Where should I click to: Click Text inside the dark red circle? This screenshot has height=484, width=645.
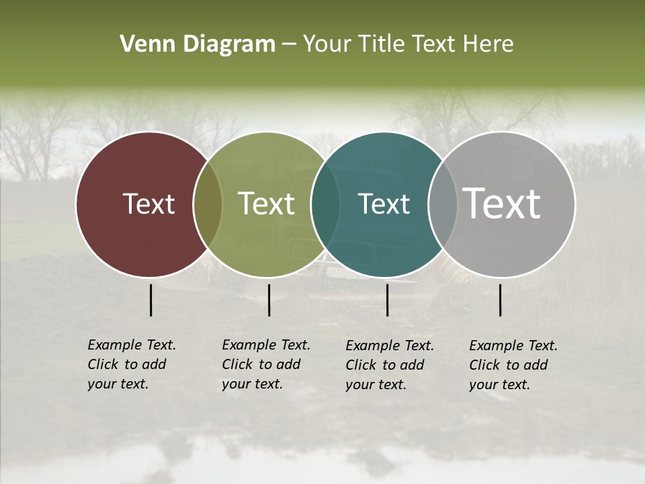[x=148, y=204]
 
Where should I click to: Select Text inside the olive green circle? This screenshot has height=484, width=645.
[x=267, y=204]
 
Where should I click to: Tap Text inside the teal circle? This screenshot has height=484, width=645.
[x=384, y=204]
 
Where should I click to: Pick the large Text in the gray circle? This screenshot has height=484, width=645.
[x=502, y=204]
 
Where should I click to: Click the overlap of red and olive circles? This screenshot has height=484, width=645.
[x=208, y=204]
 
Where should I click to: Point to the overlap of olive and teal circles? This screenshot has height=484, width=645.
[x=325, y=204]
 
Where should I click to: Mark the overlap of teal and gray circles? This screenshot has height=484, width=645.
[x=443, y=204]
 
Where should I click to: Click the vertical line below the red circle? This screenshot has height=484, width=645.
[x=150, y=300]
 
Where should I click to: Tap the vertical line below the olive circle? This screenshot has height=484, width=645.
[x=269, y=300]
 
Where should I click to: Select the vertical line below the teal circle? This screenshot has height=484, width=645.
[x=387, y=300]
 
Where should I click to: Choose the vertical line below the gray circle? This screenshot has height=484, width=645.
[x=500, y=300]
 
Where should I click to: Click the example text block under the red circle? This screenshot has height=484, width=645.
[x=132, y=364]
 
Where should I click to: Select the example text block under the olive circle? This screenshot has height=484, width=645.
[x=266, y=364]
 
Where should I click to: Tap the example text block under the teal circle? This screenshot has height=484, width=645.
[x=390, y=365]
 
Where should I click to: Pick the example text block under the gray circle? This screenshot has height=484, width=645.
[x=513, y=365]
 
